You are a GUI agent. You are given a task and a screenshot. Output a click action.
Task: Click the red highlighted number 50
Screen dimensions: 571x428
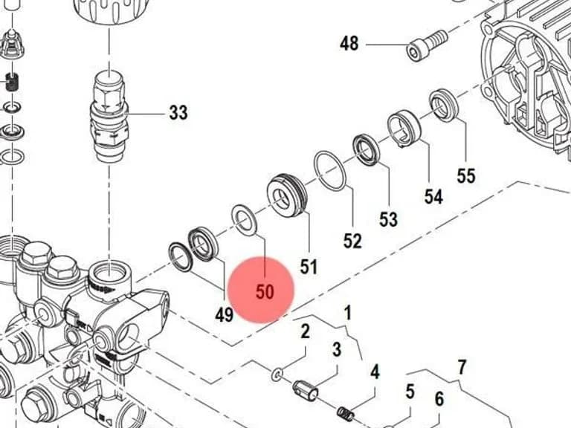[x=265, y=291]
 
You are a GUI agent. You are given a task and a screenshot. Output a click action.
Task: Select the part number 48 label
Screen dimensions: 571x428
[x=349, y=43]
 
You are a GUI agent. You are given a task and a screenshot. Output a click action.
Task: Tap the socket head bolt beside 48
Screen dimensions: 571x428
[x=426, y=45]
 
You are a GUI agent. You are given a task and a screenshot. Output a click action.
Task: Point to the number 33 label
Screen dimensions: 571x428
[x=178, y=112]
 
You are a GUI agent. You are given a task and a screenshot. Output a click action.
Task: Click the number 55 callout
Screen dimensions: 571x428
[x=466, y=175]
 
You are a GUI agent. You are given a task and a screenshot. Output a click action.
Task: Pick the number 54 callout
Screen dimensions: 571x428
[x=433, y=196]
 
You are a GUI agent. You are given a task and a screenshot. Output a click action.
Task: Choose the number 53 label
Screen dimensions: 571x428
[x=388, y=219]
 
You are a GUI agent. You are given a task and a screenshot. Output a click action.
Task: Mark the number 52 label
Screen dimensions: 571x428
[x=352, y=241]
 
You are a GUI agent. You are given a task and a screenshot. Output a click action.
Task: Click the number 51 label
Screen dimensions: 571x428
[x=309, y=267]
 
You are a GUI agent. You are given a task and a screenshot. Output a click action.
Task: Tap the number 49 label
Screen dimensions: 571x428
[x=224, y=314]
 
